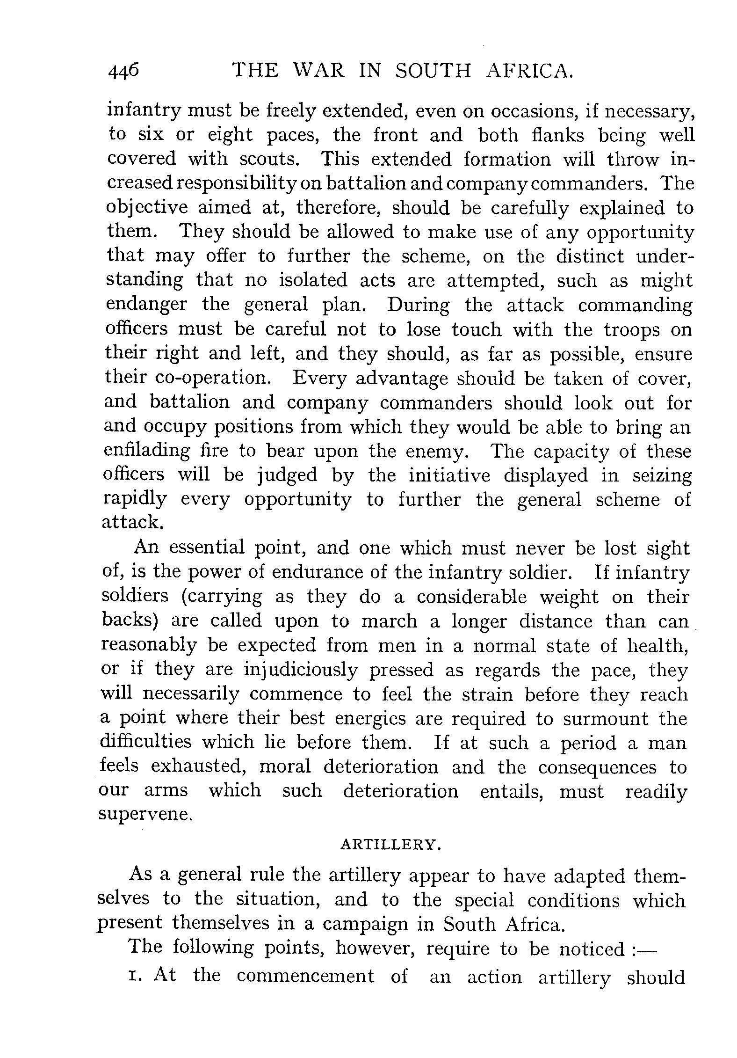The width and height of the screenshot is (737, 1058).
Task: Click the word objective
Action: [x=148, y=208]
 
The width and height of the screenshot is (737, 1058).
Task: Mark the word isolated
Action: [x=313, y=280]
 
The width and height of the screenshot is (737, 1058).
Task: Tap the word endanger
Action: [x=146, y=305]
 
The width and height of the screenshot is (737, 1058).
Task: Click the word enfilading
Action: [x=147, y=451]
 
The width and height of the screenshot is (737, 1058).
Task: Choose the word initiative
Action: [x=449, y=475]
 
